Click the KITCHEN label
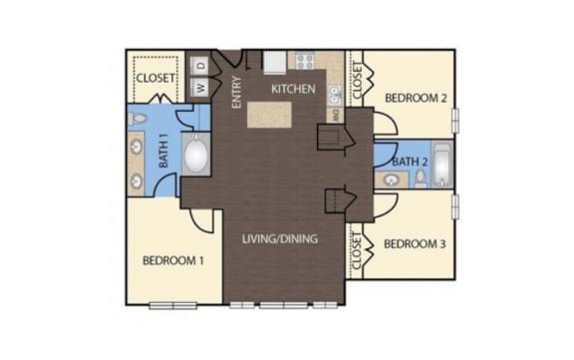point(293,89)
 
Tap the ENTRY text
point(237,92)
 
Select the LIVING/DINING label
point(280,238)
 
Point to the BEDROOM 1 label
point(173,260)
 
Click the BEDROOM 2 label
point(416,98)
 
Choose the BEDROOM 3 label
point(415,244)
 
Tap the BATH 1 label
point(163,150)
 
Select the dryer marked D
point(200,66)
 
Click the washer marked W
point(200,87)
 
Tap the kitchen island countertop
point(269,115)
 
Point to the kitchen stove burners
point(305,61)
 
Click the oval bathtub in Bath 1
point(196,155)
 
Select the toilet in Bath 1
point(137,119)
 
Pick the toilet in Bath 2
point(421,179)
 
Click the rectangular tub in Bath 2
point(442,165)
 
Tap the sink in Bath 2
point(392,180)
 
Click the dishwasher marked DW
point(335,116)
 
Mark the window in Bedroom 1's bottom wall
point(173,305)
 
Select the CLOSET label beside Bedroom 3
point(357,250)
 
